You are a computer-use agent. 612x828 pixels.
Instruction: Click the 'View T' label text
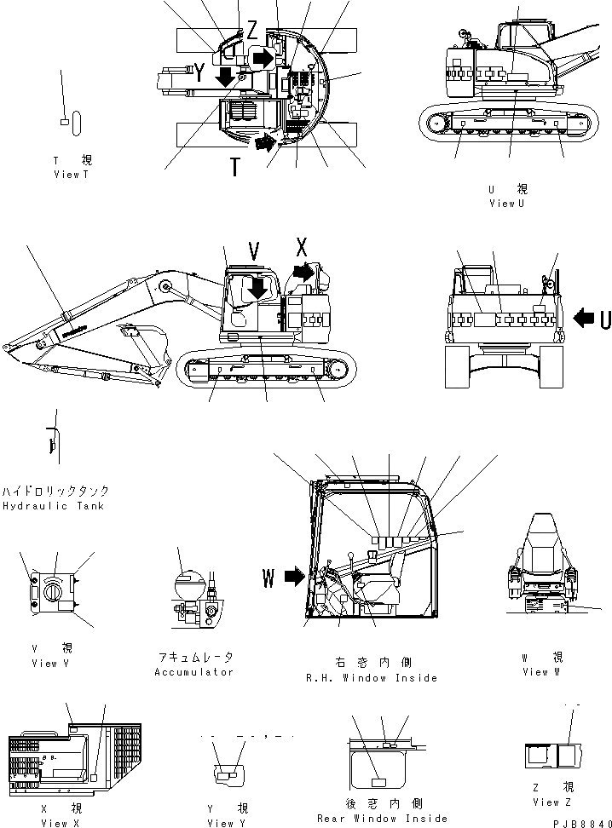pyautogui.click(x=71, y=175)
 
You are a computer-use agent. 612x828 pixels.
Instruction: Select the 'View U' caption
pyautogui.click(x=508, y=204)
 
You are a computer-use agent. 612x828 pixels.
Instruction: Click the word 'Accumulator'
pyautogui.click(x=193, y=672)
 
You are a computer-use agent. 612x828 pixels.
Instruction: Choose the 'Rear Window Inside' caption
pyautogui.click(x=382, y=819)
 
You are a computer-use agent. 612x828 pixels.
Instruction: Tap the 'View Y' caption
pyautogui.click(x=228, y=823)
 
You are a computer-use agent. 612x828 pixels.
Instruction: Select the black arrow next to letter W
pyautogui.click(x=294, y=578)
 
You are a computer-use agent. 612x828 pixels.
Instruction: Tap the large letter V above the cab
pyautogui.click(x=253, y=250)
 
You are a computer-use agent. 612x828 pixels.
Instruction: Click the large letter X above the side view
pyautogui.click(x=300, y=248)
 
